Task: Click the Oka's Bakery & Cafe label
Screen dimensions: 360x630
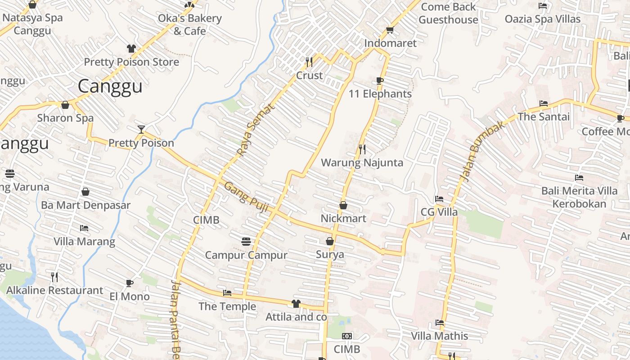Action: coord(189,25)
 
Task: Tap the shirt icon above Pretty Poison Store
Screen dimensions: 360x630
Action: coord(131,49)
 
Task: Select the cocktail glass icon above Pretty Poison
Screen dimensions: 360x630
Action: coord(141,130)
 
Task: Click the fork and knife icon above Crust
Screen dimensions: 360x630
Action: coord(309,62)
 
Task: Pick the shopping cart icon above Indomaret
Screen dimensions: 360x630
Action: coord(390,30)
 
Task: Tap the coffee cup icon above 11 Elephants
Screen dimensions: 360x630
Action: coord(380,81)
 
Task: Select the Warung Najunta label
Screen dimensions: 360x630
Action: coord(362,162)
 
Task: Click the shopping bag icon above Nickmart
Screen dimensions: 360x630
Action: coord(343,205)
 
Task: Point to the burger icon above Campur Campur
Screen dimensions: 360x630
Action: coord(246,242)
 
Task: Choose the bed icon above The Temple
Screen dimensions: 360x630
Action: coord(227,293)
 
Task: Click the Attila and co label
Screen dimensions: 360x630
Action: coord(296,317)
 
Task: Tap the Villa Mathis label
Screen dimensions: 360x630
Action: coord(439,336)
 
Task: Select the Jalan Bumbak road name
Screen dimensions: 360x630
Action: coord(483,151)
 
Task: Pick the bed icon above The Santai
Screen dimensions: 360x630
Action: coord(544,103)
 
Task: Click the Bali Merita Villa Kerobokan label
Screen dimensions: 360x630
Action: coord(579,197)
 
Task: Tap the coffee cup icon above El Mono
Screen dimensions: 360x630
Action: coord(130,283)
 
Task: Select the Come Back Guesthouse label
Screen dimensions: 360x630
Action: coord(448,13)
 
